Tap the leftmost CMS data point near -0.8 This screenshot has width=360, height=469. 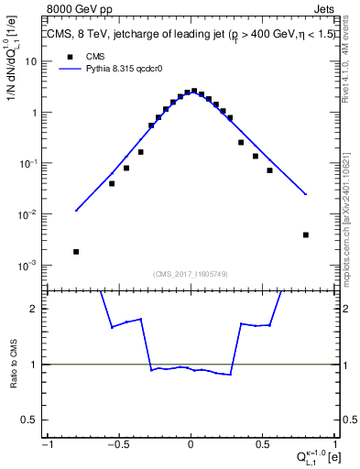pos(76,251)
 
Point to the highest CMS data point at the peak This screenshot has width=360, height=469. pos(193,91)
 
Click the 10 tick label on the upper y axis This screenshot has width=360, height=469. pos(31,61)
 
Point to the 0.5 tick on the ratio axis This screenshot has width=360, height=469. pos(32,420)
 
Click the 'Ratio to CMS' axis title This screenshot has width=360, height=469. pos(13,364)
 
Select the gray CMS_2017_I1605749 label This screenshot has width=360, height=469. pos(191,274)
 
